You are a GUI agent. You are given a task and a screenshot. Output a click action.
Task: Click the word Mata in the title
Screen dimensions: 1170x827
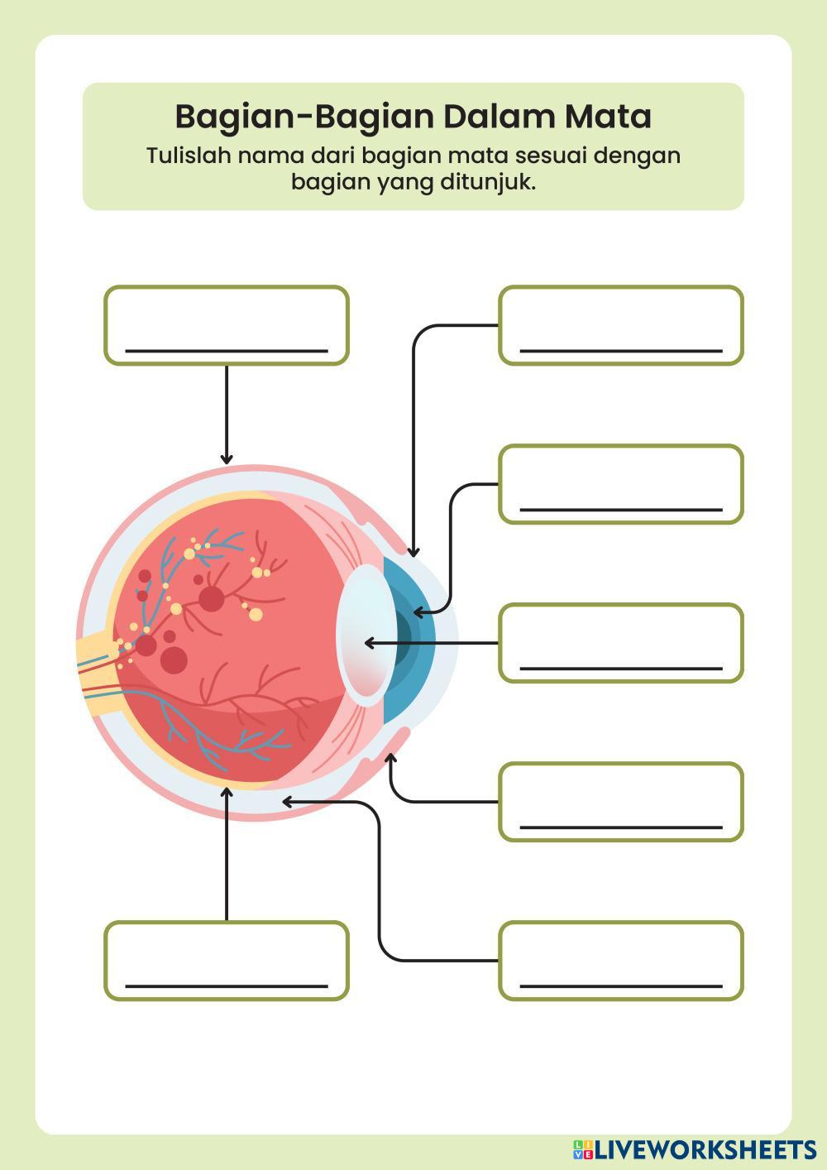tap(608, 117)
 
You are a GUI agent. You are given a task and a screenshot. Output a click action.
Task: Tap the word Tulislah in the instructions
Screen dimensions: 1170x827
tap(188, 156)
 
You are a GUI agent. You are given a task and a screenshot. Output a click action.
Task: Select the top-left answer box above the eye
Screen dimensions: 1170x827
tap(226, 324)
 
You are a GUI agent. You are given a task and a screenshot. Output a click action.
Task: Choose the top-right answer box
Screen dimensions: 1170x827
tap(620, 324)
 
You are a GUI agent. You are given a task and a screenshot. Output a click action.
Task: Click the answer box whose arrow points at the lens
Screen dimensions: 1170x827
tap(620, 643)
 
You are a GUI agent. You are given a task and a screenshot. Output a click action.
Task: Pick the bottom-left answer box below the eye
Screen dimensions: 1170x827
tap(226, 961)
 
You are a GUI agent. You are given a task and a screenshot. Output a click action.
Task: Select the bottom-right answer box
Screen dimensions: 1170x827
tap(620, 961)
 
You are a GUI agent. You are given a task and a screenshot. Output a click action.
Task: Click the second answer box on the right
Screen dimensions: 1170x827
tap(620, 484)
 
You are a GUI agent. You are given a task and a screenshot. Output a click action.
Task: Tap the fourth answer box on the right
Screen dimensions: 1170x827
tap(620, 802)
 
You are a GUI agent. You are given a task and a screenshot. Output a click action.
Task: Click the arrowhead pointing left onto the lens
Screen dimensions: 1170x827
tap(369, 643)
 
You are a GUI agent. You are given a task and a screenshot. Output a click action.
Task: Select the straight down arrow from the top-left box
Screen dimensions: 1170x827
tap(227, 414)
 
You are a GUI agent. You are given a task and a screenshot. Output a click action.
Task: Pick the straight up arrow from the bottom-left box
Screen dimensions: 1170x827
tap(227, 852)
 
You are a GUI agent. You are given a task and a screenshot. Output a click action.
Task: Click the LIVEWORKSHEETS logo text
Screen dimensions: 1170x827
tap(703, 1149)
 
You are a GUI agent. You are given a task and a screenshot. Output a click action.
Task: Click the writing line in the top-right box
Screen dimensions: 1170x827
tap(620, 351)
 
